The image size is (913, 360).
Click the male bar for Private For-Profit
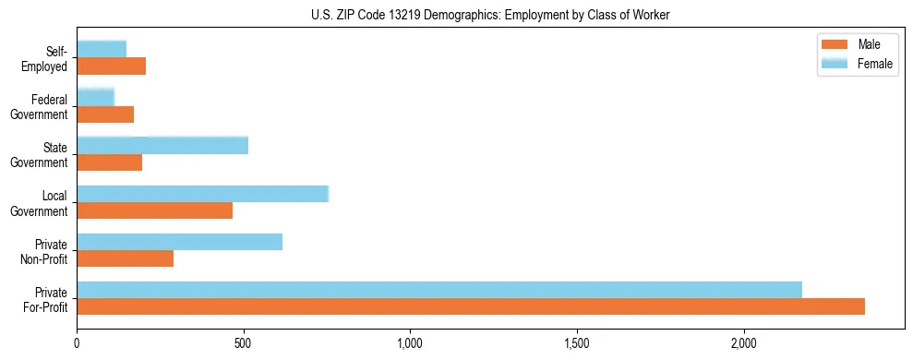471,306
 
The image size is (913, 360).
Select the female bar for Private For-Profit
439,290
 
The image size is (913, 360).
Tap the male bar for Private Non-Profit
126,258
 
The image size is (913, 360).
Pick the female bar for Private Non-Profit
180,242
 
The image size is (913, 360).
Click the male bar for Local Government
155,210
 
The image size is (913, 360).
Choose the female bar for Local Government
203,194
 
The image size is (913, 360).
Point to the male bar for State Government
110,162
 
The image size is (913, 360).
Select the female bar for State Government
162,146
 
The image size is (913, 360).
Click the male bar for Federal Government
105,114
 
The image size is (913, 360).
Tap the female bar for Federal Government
95,97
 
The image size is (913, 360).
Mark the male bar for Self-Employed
112,66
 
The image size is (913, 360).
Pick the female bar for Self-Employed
102,49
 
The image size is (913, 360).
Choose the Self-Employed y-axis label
48,59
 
